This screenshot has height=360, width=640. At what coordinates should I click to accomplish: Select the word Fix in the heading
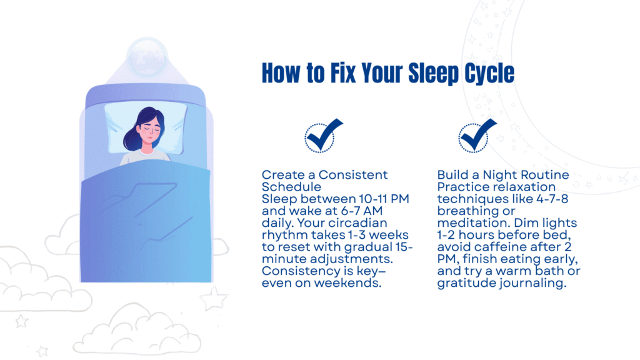pyautogui.click(x=343, y=73)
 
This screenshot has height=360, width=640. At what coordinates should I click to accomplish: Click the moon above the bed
pyautogui.click(x=147, y=57)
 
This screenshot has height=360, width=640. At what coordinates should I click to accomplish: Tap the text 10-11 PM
pyautogui.click(x=384, y=199)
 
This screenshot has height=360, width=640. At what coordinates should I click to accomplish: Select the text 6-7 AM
pyautogui.click(x=362, y=211)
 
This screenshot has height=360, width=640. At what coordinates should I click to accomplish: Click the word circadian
pyautogui.click(x=357, y=223)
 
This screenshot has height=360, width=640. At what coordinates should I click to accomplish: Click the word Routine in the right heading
pyautogui.click(x=546, y=175)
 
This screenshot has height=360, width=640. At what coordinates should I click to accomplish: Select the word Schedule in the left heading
pyautogui.click(x=291, y=187)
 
